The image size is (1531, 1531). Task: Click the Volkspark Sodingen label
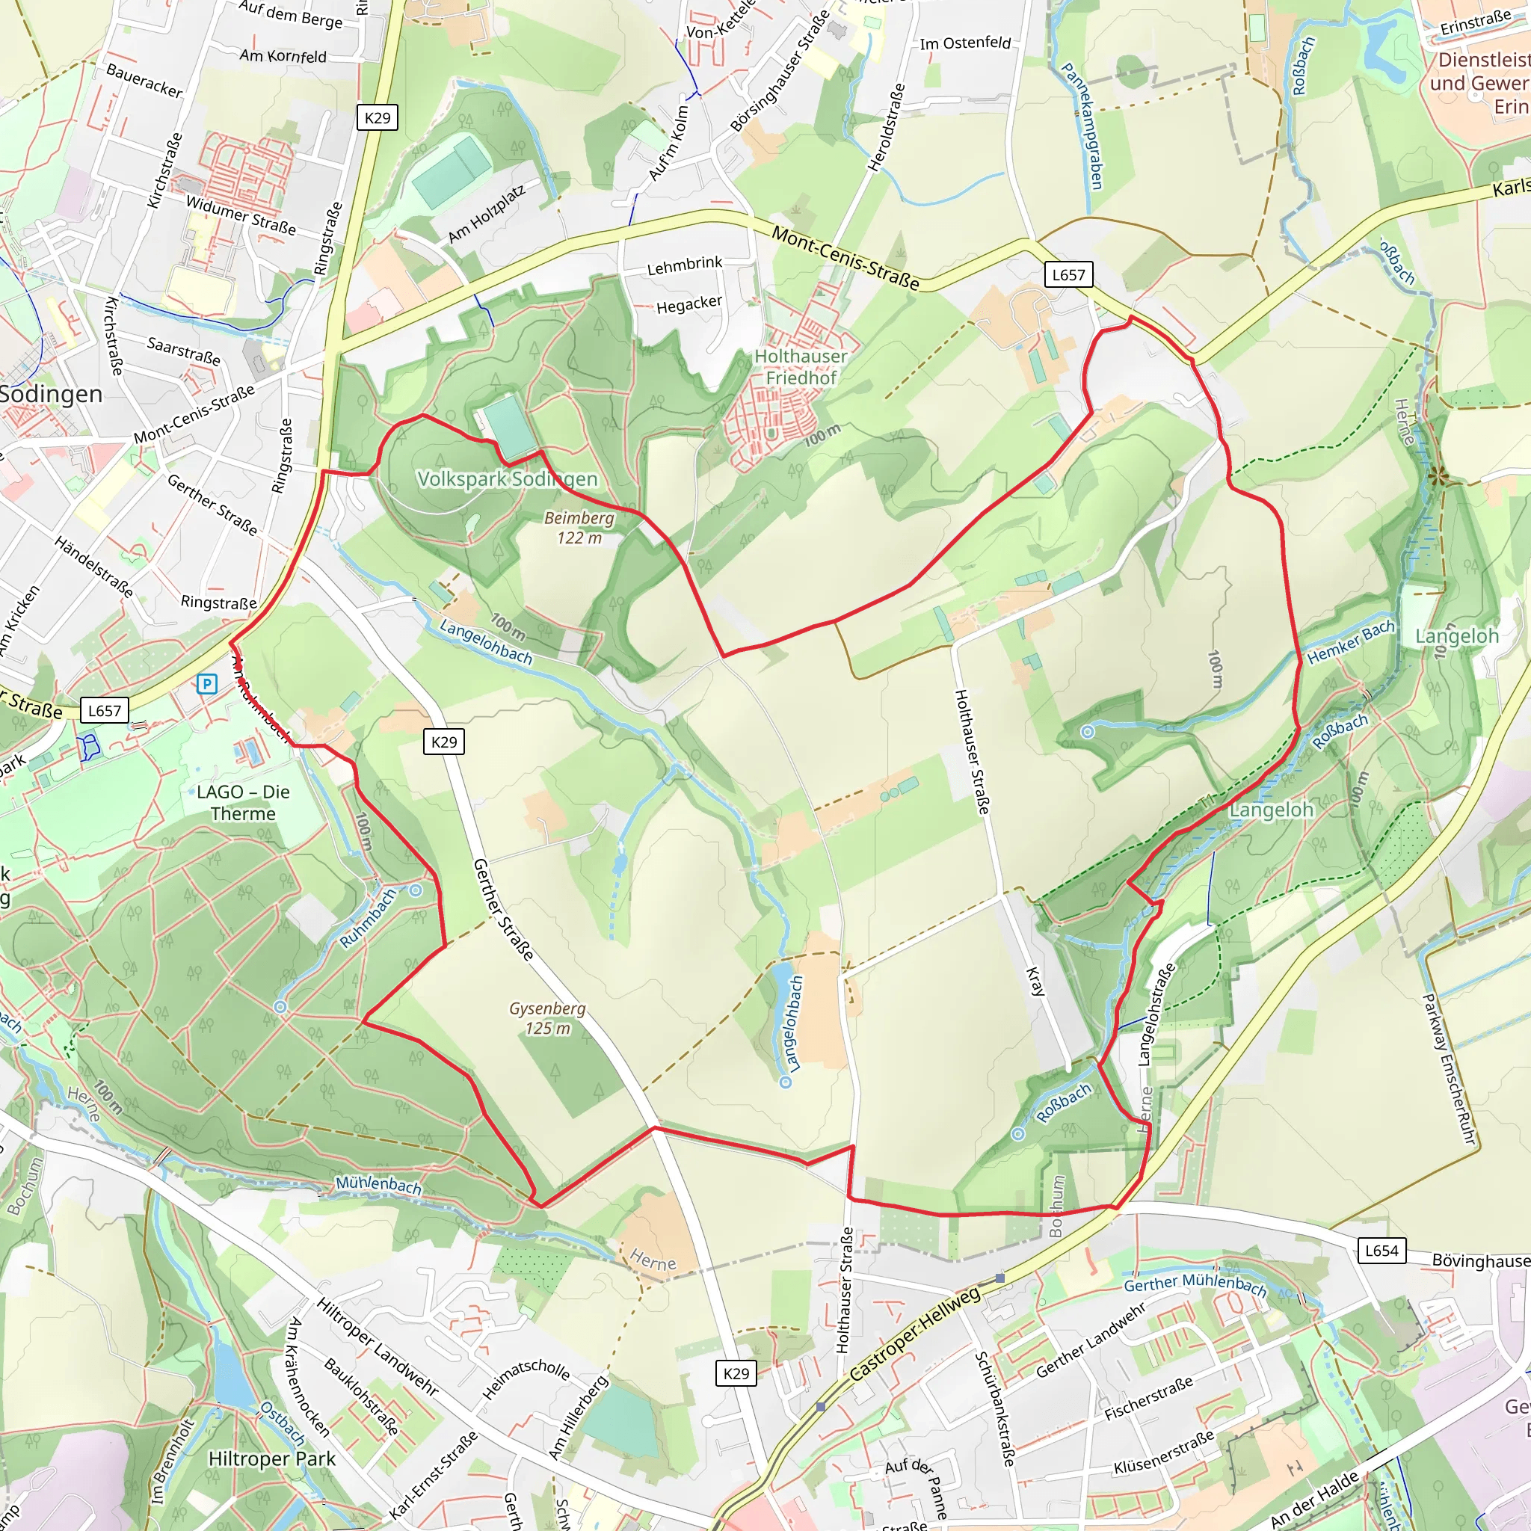click(507, 478)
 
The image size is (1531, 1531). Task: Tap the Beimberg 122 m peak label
click(579, 528)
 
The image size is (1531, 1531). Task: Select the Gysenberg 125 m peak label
click(547, 1018)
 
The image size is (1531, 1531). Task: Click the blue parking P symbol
click(207, 683)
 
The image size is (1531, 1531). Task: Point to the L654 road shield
click(1381, 1251)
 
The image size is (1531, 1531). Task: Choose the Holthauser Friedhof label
click(801, 367)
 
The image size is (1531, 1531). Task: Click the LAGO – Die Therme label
click(243, 803)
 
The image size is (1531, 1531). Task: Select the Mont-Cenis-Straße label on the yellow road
click(845, 259)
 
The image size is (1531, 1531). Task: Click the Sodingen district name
click(52, 394)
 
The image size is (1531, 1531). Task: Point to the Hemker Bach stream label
click(1350, 642)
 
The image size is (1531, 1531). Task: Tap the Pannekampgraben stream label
click(1082, 127)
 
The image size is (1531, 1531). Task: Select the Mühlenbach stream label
click(378, 1185)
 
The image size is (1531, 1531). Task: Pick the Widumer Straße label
click(241, 215)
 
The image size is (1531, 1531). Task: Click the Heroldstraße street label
click(886, 128)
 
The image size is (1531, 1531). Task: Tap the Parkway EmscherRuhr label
click(1449, 1069)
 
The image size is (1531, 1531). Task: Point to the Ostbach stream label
click(282, 1423)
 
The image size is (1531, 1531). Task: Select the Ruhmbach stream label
click(368, 919)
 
